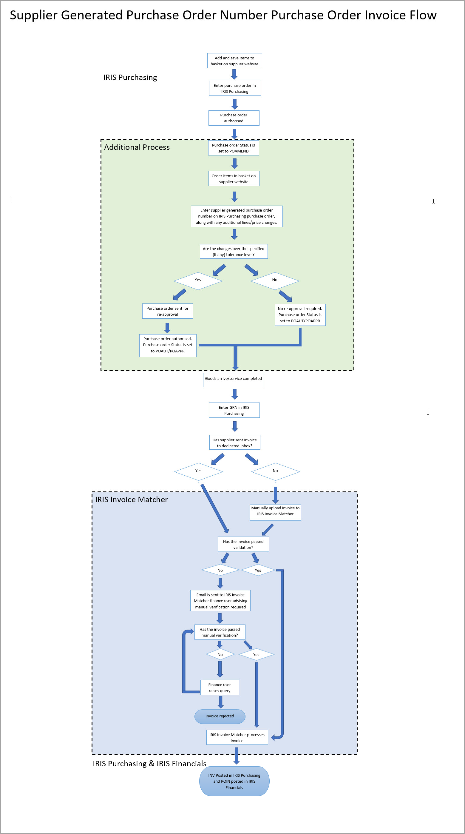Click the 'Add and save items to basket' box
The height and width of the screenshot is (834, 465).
point(235,61)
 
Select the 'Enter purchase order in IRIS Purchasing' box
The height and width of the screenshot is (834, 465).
point(235,88)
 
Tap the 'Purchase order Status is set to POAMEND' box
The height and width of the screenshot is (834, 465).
point(234,148)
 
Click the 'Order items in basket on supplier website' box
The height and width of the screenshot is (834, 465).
point(234,179)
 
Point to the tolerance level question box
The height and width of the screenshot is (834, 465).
point(234,252)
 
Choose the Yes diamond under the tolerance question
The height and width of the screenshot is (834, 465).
point(198,281)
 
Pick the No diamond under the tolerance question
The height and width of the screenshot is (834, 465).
point(275,281)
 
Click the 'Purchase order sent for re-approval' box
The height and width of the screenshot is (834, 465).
point(168,311)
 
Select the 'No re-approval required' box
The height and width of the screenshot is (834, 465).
point(300,315)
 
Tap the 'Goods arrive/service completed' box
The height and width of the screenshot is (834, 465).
point(233,380)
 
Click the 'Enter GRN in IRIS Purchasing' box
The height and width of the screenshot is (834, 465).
point(234,410)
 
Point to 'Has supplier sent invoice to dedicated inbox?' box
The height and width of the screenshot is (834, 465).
point(235,443)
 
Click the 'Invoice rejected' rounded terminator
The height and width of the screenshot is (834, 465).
point(220,716)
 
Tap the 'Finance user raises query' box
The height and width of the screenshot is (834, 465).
point(220,687)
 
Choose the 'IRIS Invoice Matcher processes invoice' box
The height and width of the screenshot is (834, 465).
point(237,738)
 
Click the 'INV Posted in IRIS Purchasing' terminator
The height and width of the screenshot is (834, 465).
point(234,781)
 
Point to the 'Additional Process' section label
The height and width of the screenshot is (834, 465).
point(137,147)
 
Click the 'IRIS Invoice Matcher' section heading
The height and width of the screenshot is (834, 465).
point(131,500)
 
